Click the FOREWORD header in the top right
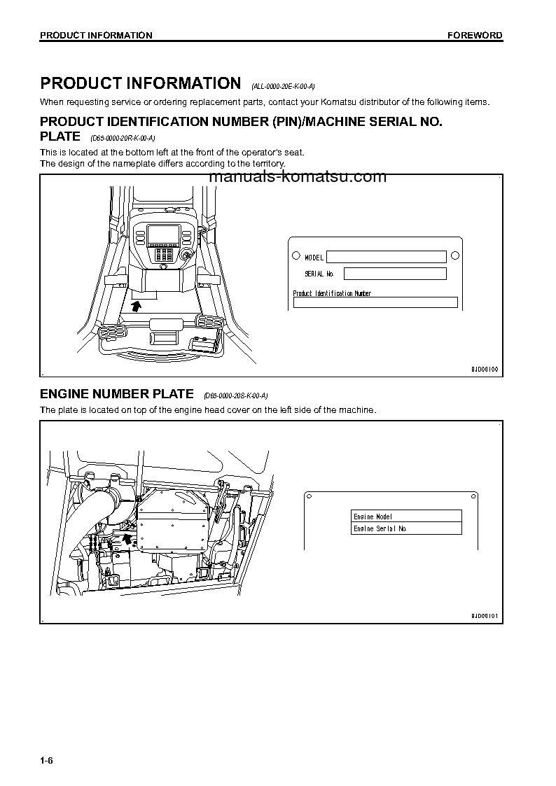pos(475,35)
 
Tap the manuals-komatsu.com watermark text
pos(298,176)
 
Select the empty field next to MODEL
pos(386,257)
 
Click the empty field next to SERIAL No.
pos(394,274)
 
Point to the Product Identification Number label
pos(332,293)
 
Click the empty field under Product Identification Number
pos(375,302)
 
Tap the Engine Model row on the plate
pos(406,516)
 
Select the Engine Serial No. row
pos(406,528)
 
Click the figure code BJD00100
pos(484,369)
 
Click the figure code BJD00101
pos(484,615)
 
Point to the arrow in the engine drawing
pos(127,538)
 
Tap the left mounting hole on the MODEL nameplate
pos(296,255)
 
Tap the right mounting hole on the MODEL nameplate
pos(454,255)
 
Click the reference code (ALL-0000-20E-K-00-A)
pos(283,86)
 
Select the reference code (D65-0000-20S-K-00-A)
pos(236,396)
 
